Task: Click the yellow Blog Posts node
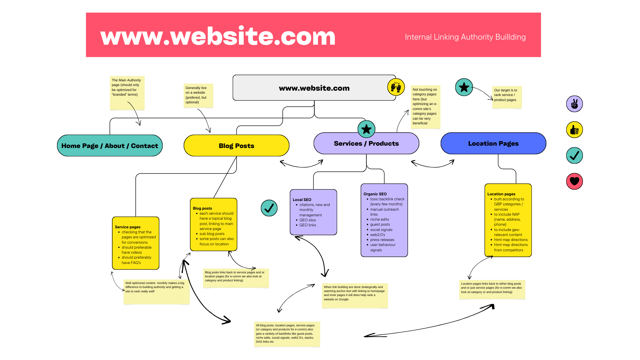236,146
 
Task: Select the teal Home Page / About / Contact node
110,146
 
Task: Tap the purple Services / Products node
366,144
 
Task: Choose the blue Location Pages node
493,144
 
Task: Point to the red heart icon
574,181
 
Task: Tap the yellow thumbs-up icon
574,130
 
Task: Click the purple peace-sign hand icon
574,104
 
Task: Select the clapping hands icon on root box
396,87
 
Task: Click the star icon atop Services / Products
366,129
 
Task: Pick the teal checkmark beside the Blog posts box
269,208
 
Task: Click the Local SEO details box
313,212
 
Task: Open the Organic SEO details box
384,220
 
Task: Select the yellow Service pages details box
136,243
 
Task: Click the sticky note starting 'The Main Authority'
127,93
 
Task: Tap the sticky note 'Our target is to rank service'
507,97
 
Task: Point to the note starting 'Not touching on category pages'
425,107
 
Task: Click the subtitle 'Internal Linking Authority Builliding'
465,37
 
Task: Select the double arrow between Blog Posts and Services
301,164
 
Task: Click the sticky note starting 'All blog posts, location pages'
287,334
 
